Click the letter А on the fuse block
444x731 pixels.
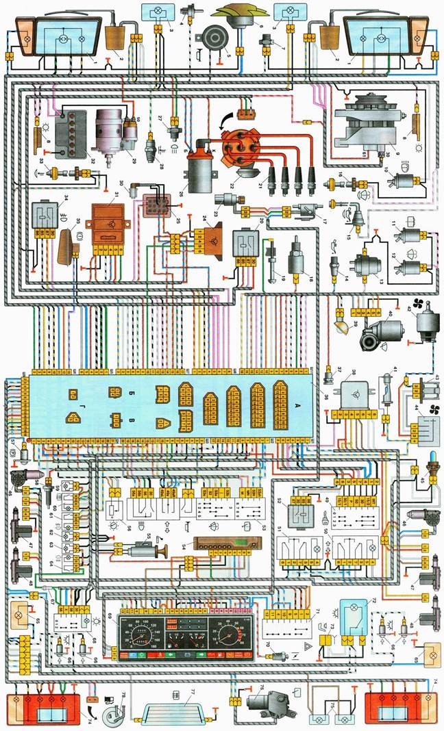click(x=297, y=405)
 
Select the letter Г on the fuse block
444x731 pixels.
click(x=81, y=394)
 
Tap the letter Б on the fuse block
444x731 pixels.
click(x=131, y=393)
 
